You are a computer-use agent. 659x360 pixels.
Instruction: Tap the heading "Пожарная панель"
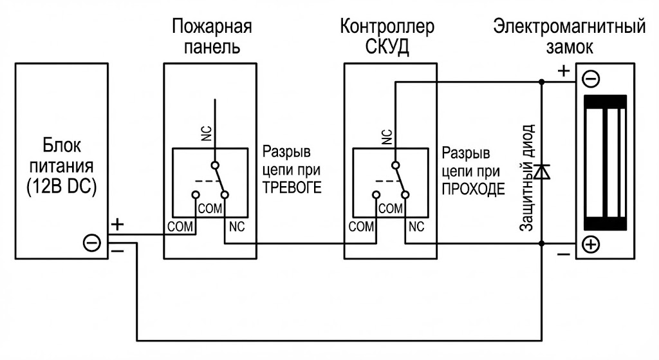(x=211, y=37)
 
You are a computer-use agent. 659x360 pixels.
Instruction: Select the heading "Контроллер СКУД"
(x=387, y=37)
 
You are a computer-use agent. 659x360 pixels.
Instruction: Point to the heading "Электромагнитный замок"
(x=569, y=37)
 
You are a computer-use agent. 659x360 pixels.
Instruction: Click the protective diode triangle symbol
(x=542, y=171)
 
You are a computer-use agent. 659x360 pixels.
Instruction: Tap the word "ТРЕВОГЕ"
(x=292, y=187)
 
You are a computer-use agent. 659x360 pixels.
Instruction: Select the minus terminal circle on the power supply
(x=92, y=243)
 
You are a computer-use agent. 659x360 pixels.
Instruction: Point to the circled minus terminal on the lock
(x=591, y=79)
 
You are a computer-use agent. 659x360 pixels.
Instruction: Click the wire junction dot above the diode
(x=542, y=82)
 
